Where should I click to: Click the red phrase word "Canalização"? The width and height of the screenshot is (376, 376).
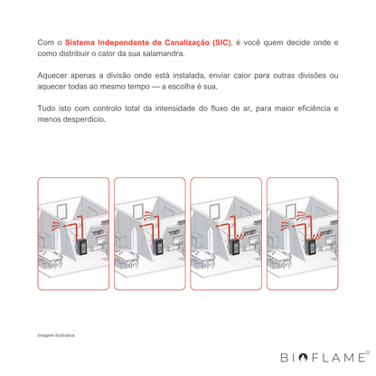tap(187, 42)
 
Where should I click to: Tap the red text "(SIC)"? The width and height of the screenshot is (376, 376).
tap(221, 42)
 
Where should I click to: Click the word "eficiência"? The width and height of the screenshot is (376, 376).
tap(314, 108)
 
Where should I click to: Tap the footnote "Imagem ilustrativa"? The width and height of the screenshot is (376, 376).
tap(56, 335)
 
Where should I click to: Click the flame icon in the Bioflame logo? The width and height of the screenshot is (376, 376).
tap(303, 357)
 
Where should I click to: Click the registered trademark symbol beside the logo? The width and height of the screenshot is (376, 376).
tap(367, 352)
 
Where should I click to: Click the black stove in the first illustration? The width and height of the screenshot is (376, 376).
tap(82, 247)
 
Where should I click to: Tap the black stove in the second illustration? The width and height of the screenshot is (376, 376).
tap(158, 247)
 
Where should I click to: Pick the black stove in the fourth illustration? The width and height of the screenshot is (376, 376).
tap(311, 247)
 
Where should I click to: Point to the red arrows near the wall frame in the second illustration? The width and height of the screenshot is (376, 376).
tap(148, 215)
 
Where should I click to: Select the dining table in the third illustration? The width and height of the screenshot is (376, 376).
tap(202, 257)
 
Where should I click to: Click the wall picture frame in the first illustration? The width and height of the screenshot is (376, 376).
tap(61, 211)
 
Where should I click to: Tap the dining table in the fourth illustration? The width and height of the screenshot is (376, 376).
tap(278, 257)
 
